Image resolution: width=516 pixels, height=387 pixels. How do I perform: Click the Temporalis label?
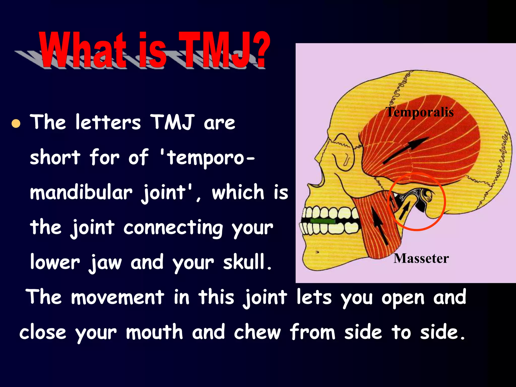[x=420, y=112]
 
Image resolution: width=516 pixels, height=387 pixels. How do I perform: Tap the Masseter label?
[x=421, y=259]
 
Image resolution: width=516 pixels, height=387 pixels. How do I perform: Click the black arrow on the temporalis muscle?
[x=406, y=151]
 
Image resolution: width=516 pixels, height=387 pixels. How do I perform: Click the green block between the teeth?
[x=323, y=221]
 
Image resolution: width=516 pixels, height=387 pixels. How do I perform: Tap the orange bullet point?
[x=16, y=123]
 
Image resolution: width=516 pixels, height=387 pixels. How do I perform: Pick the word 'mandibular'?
[x=81, y=193]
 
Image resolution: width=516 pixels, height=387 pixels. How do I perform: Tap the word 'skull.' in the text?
[x=247, y=262]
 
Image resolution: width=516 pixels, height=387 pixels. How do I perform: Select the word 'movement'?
[x=118, y=297]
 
